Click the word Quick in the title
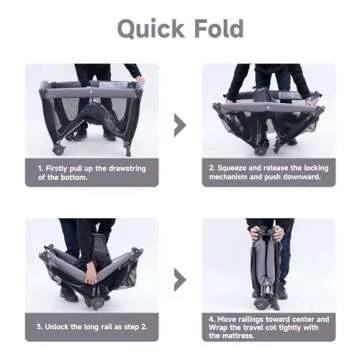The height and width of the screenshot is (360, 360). [x=151, y=29]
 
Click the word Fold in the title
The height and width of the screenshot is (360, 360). [x=219, y=28]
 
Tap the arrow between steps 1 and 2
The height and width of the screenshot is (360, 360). [x=180, y=125]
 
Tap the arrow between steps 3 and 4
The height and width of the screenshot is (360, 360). [x=180, y=280]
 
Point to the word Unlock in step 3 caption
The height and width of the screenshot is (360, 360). [x=57, y=326]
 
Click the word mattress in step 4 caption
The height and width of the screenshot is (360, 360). [x=237, y=335]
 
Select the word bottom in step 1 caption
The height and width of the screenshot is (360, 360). [x=73, y=177]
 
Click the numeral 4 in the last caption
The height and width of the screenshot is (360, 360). [x=211, y=319]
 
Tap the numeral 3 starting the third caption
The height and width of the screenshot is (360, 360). [x=39, y=326]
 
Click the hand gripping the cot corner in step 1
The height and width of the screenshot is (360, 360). [x=141, y=80]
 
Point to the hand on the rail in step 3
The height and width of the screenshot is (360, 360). [x=91, y=272]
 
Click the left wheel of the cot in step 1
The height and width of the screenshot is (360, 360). [x=58, y=150]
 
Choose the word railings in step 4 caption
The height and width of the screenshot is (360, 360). [x=247, y=320]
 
